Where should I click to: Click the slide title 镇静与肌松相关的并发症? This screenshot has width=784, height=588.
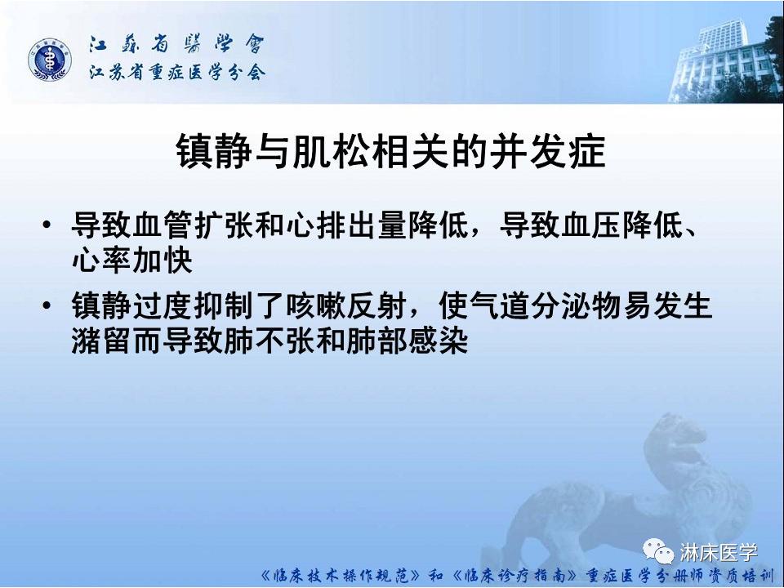(391, 153)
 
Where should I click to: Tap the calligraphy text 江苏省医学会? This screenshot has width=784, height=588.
(176, 46)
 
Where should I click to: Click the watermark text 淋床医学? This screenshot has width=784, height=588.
(718, 553)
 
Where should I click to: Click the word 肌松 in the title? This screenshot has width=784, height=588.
(319, 153)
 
